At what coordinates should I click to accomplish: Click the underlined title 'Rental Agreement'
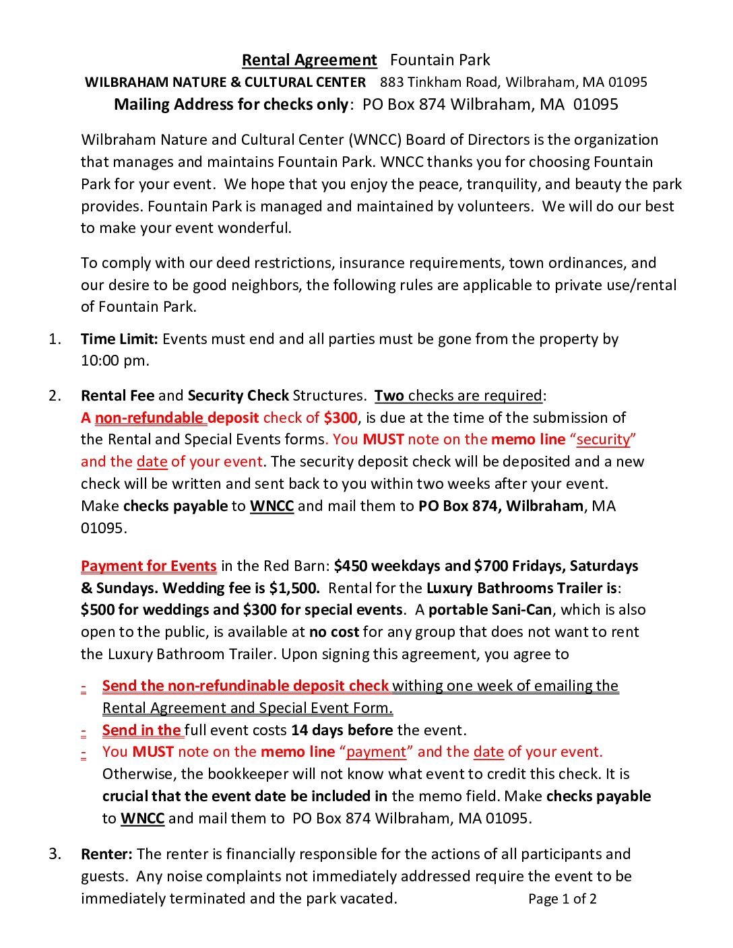point(309,60)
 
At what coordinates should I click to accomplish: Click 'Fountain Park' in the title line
point(440,60)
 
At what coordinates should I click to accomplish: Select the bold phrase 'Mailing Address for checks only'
point(231,104)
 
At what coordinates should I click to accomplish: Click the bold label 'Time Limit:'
point(119,339)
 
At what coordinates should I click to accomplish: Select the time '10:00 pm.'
point(115,360)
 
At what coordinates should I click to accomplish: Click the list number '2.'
point(55,395)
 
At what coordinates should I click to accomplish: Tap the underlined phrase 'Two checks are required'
point(459,395)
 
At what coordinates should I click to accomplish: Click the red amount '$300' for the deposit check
point(340,417)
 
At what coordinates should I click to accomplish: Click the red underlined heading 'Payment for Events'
point(148,566)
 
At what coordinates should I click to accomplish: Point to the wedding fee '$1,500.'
point(294,588)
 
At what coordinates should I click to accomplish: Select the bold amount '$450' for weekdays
point(351,566)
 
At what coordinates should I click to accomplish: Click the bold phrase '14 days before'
point(342,731)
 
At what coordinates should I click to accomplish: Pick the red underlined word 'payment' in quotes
point(376,752)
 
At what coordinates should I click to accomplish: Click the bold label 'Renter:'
point(106,854)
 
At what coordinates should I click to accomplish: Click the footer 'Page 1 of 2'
point(563,899)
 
